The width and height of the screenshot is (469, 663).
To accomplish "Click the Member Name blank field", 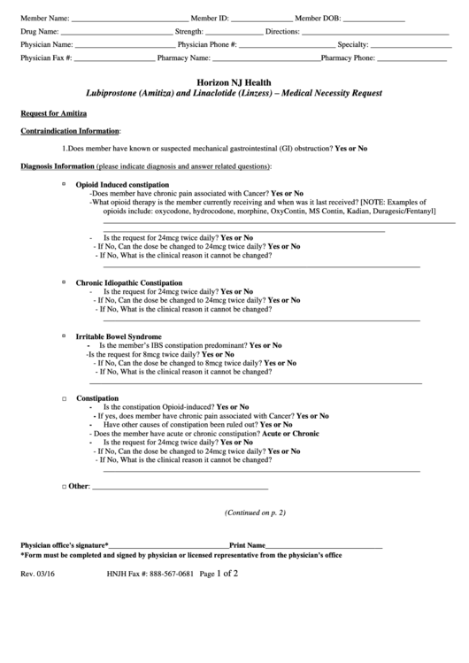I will [x=128, y=18].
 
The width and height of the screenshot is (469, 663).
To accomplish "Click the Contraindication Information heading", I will [x=70, y=131].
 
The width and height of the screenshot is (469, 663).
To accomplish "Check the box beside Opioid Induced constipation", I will [x=65, y=183].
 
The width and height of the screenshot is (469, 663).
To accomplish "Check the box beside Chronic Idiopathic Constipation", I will [x=65, y=281].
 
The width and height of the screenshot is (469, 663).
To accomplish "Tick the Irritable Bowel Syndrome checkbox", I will [x=65, y=336].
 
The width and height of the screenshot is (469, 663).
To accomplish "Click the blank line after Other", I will [x=180, y=487].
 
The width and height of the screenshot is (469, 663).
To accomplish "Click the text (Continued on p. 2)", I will [x=255, y=513].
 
